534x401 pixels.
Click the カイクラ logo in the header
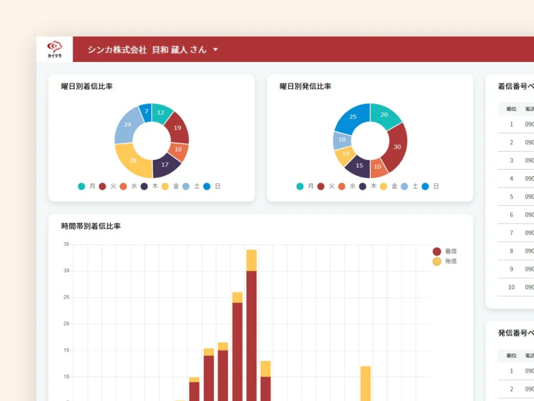pyautogui.click(x=54, y=49)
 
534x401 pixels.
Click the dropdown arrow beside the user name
pyautogui.click(x=216, y=50)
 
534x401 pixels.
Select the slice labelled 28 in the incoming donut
pyautogui.click(x=133, y=161)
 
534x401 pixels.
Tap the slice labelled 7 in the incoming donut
pyautogui.click(x=146, y=112)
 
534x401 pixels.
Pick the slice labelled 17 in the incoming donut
pyautogui.click(x=165, y=164)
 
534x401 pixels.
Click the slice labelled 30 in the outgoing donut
pyautogui.click(x=397, y=146)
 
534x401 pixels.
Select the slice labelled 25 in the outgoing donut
pyautogui.click(x=353, y=116)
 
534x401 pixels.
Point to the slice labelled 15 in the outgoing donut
pyautogui.click(x=359, y=165)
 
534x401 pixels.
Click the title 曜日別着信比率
pyautogui.click(x=87, y=86)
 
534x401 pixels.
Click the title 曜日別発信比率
pyautogui.click(x=306, y=86)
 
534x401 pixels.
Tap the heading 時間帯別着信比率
pyautogui.click(x=91, y=226)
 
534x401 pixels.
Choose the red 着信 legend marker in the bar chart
pyautogui.click(x=437, y=251)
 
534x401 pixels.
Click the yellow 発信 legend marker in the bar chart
pyautogui.click(x=437, y=261)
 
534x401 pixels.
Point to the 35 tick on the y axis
pyautogui.click(x=66, y=245)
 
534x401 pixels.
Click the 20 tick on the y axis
pyautogui.click(x=66, y=324)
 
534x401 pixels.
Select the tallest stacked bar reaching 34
pyautogui.click(x=252, y=318)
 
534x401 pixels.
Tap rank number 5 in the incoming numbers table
pyautogui.click(x=511, y=197)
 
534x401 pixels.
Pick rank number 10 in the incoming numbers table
pyautogui.click(x=511, y=287)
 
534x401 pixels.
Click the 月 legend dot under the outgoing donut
pyautogui.click(x=300, y=186)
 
